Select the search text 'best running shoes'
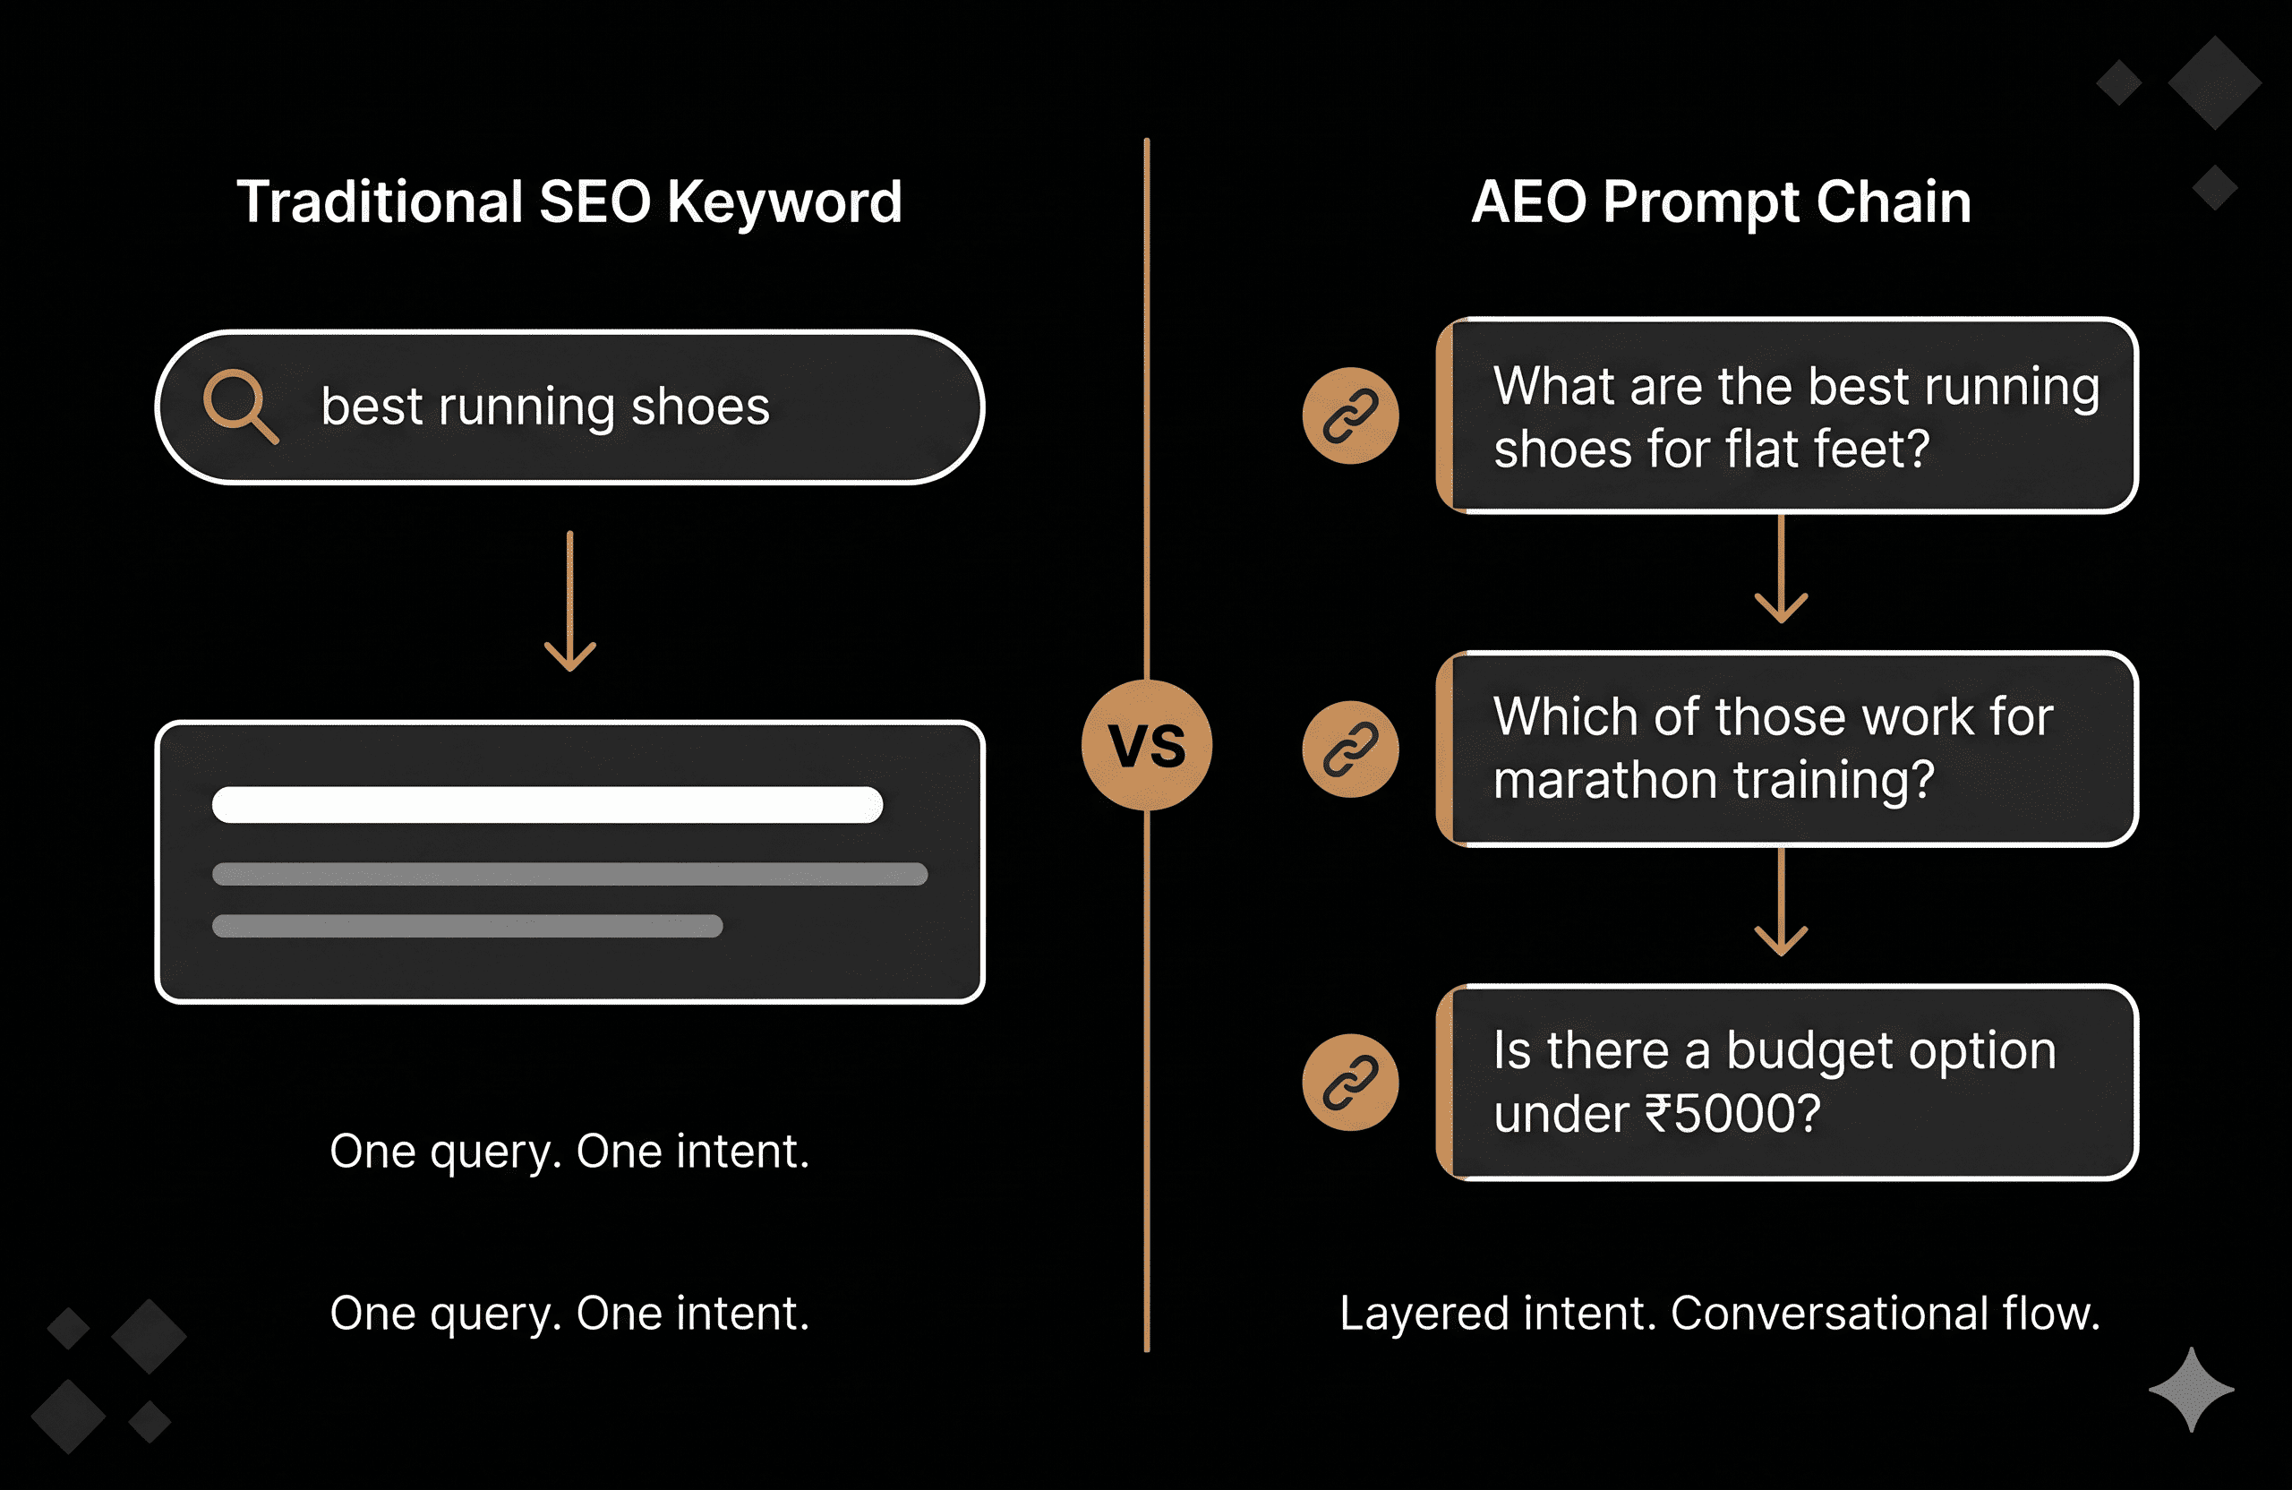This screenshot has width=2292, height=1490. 545,407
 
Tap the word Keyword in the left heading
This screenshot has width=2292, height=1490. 784,202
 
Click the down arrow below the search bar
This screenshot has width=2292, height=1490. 570,601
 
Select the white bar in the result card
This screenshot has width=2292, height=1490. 547,804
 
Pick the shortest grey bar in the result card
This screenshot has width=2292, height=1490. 467,926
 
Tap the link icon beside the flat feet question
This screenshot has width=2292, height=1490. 1350,415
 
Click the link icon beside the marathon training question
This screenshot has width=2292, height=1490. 1350,749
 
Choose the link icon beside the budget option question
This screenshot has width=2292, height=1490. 1350,1082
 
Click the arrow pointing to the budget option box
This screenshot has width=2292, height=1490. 1781,903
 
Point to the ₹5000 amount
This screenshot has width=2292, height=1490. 1732,1115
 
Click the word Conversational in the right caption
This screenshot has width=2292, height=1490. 1829,1313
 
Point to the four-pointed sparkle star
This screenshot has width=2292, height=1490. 2191,1389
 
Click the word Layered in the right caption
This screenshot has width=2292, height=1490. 1424,1313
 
